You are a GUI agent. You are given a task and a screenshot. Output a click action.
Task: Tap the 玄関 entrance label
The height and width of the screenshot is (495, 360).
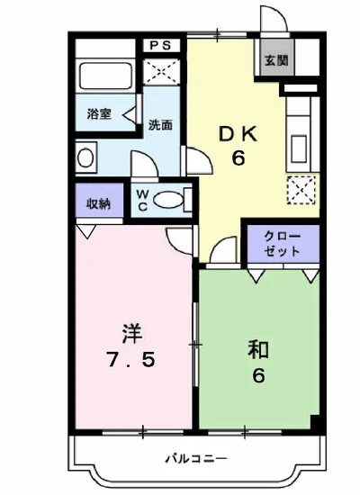[276, 61]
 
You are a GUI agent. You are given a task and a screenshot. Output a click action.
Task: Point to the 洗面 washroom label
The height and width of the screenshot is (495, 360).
[160, 125]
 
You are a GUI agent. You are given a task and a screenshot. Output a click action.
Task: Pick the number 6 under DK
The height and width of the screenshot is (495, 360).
[239, 159]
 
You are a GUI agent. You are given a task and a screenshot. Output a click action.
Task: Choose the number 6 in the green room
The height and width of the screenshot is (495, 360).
[258, 376]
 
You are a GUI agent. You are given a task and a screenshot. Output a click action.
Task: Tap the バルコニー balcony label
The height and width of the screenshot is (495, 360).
[195, 459]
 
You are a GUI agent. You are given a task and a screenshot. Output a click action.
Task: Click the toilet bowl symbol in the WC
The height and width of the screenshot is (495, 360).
[169, 199]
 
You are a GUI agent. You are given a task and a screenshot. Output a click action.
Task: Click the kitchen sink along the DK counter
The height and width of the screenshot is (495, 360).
[297, 140]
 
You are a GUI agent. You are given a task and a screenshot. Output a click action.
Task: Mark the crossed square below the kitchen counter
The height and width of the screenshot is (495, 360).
[299, 190]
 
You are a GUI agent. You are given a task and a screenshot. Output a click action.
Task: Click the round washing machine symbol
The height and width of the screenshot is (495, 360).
[85, 157]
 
